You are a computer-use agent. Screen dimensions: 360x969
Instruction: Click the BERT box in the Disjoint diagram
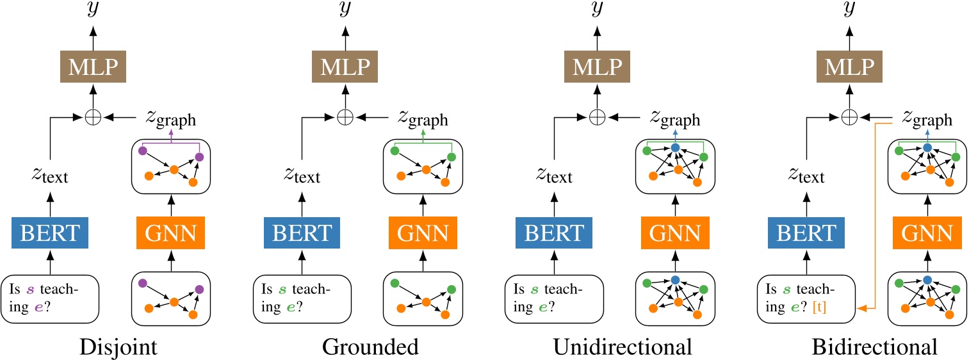(x=50, y=233)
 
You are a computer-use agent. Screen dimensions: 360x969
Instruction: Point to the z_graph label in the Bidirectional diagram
(x=927, y=119)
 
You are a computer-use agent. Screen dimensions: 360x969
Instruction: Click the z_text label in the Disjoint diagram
(x=50, y=174)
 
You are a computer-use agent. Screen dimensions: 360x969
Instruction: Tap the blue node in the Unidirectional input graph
(x=674, y=280)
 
